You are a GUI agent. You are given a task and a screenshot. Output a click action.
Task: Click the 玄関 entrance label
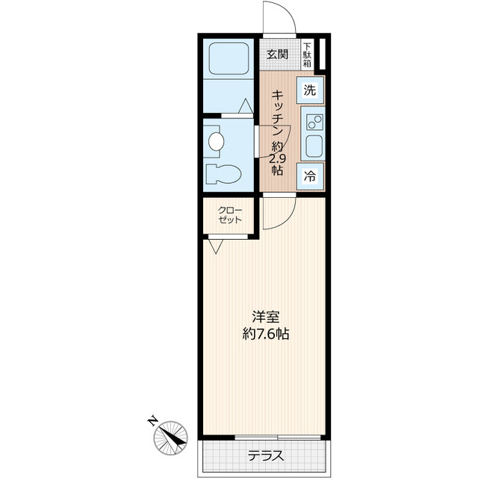(277, 55)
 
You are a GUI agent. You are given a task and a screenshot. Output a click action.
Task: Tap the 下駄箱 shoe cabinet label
(307, 55)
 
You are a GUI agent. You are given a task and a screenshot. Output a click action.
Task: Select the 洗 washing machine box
(310, 91)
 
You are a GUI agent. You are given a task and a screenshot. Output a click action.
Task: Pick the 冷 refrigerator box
(310, 177)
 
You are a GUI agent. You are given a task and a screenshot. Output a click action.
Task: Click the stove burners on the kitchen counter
(312, 120)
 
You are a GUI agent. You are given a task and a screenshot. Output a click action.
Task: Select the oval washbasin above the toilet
(217, 140)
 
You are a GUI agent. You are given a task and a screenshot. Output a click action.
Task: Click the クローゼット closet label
(230, 215)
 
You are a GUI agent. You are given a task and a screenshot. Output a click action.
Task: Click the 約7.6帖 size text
(265, 335)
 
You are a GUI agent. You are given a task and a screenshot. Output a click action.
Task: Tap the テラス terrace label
(265, 455)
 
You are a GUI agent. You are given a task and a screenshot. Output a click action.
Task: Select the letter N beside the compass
(152, 421)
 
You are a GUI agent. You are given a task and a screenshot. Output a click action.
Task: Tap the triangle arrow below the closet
(216, 246)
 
